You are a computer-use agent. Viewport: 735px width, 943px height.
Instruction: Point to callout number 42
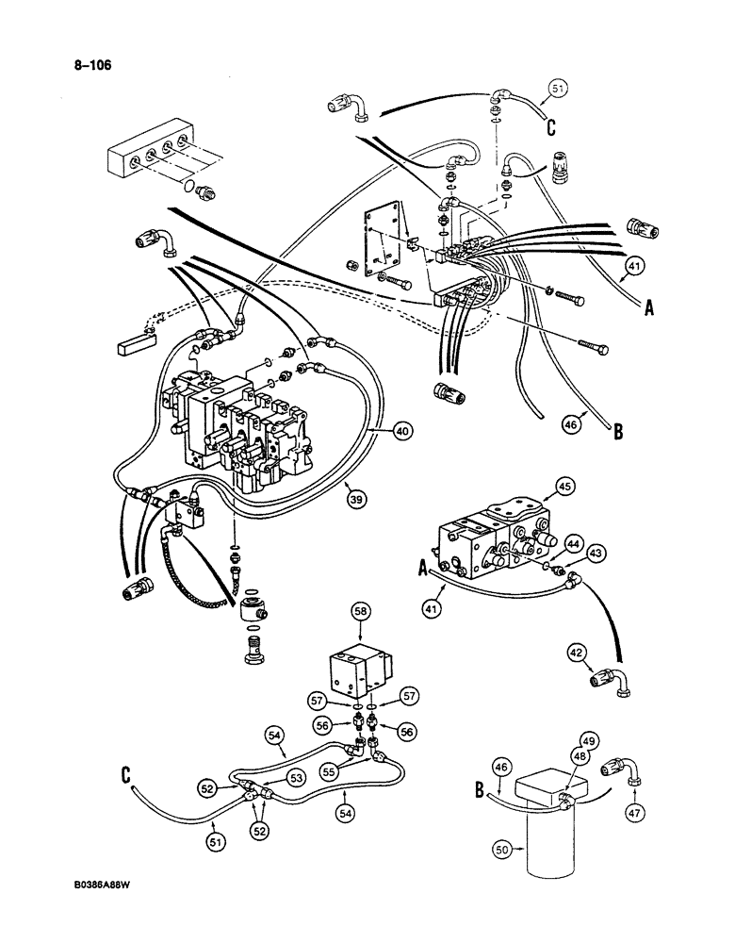(576, 651)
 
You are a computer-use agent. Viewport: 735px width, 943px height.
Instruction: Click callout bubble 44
(573, 540)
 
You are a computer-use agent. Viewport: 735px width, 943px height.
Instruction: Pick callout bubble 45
(564, 487)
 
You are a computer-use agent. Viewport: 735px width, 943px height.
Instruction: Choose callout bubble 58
(359, 613)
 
